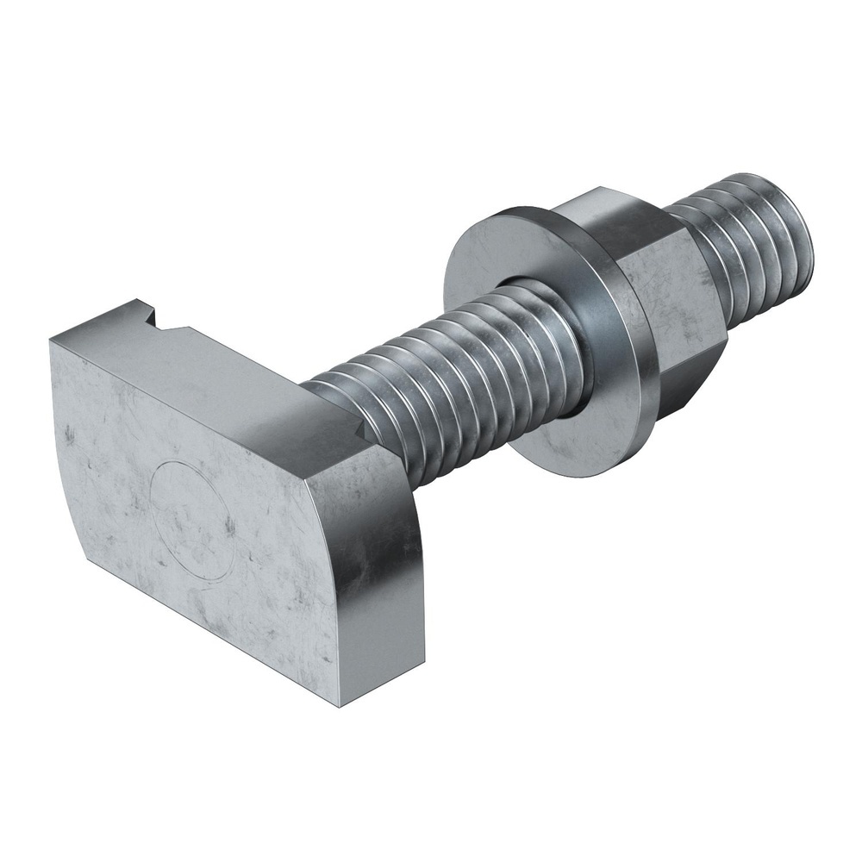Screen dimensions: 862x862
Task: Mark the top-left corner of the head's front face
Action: tap(50, 340)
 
